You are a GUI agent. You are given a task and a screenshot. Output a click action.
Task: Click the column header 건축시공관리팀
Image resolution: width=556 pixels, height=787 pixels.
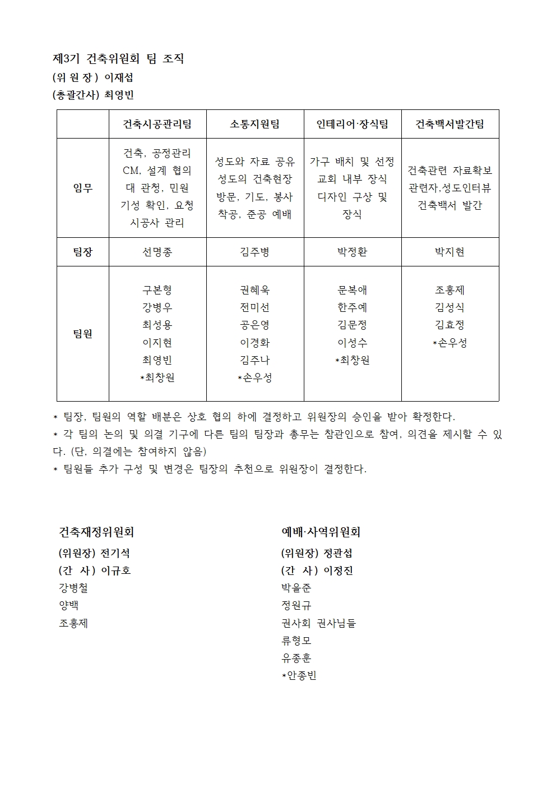[157, 124]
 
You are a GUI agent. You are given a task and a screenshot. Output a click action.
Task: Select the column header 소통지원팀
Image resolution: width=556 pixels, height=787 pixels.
[254, 124]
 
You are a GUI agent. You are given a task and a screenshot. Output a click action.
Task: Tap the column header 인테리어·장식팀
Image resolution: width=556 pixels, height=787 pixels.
[352, 124]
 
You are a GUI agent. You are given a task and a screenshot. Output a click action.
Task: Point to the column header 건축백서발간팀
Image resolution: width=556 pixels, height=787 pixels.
[450, 124]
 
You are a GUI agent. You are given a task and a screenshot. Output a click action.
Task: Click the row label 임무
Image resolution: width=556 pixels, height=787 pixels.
[82, 188]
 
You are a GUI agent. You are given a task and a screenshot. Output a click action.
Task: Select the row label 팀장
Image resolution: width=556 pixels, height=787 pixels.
[82, 252]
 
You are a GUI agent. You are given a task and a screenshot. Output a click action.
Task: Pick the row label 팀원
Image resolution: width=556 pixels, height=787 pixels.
[82, 334]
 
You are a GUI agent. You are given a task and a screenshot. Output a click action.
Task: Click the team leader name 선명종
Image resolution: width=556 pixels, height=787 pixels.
[157, 252]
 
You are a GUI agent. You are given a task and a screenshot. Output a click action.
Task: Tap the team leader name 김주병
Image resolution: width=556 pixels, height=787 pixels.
[254, 252]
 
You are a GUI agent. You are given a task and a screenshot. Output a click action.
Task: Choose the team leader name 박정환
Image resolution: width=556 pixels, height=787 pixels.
[352, 252]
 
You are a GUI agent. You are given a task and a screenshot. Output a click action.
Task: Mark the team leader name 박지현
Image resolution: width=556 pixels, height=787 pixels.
[450, 252]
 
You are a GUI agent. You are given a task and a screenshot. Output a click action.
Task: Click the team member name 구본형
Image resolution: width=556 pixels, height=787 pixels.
[157, 290]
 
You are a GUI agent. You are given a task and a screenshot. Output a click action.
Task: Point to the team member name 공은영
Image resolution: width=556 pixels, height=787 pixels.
[254, 325]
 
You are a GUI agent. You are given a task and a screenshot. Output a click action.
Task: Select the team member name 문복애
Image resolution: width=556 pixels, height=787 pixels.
[352, 290]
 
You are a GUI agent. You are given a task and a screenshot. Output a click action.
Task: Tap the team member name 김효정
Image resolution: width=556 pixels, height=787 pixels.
[450, 325]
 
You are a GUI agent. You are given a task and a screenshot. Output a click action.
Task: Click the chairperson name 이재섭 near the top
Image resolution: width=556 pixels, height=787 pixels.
[118, 77]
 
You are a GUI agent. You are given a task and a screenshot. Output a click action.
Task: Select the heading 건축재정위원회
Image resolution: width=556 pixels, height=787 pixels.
[96, 532]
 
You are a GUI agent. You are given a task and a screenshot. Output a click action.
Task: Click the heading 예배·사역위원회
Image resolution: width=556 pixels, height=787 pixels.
[321, 532]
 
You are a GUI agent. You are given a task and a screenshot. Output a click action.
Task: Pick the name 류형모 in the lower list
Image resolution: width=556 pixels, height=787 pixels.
[296, 640]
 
